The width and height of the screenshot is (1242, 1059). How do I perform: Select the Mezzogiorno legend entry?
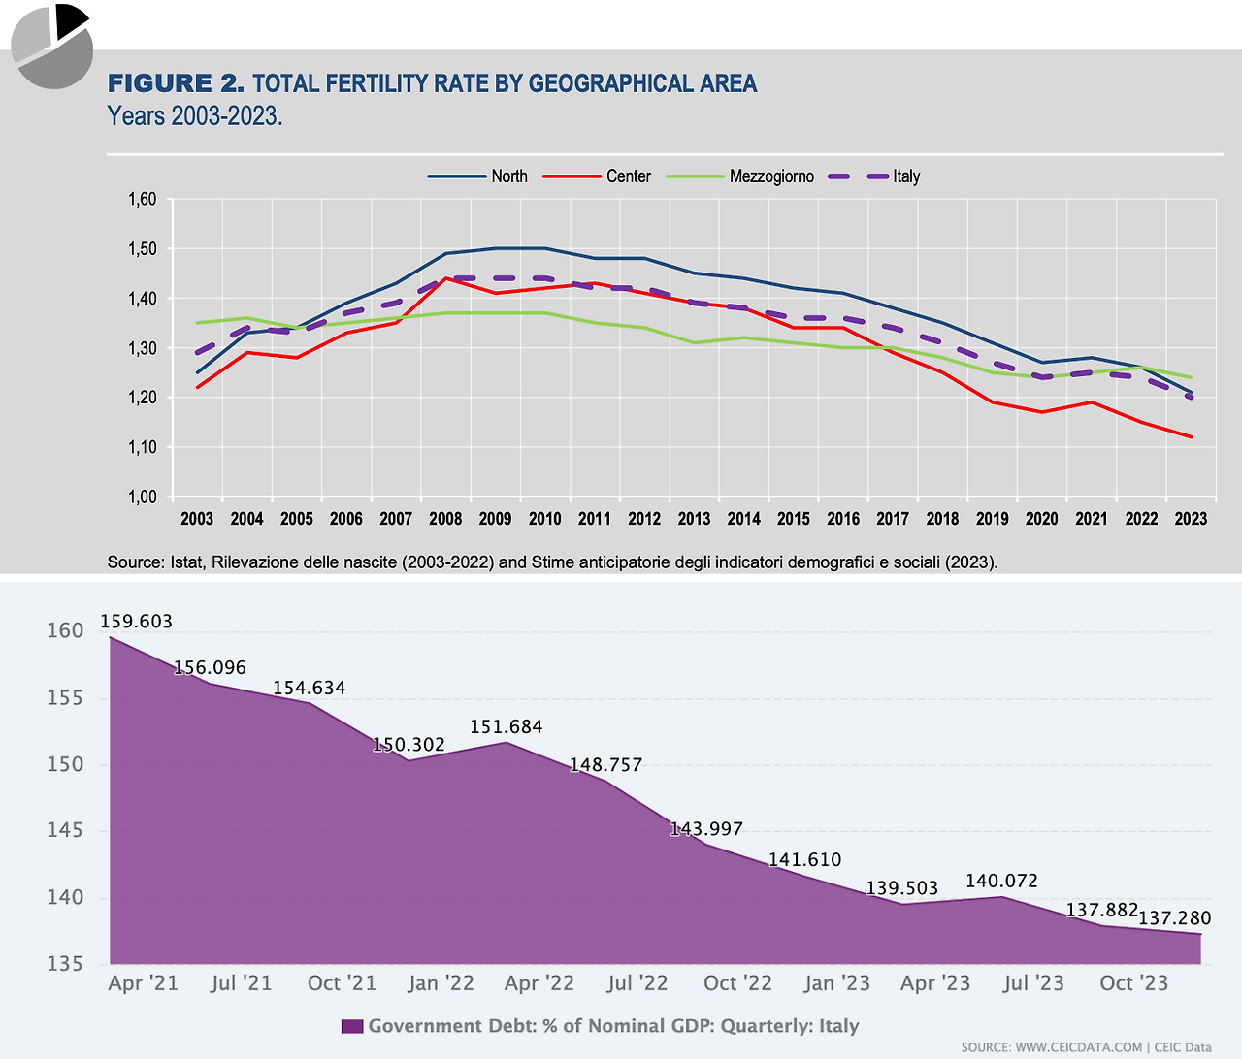coord(739,176)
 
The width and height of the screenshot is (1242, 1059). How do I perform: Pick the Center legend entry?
coord(597,176)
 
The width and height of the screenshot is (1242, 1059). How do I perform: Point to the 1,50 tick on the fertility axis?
coord(142,249)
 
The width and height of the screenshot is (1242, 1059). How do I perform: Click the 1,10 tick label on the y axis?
coord(142,447)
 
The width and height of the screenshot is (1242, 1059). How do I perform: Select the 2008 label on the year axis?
coord(445,519)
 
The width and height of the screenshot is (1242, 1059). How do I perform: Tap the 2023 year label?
coord(1191,519)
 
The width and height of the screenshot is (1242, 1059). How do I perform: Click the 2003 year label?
coord(197,519)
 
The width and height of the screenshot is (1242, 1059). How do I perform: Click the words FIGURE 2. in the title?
coord(176,84)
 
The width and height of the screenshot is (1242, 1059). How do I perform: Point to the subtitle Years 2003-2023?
coord(195,116)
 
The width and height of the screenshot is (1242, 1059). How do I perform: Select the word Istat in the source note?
coord(183,562)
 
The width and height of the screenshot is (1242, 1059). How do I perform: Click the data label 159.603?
coord(136,622)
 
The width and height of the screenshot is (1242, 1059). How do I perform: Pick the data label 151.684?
coord(507,727)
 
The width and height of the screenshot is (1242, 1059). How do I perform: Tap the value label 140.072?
coord(1001,882)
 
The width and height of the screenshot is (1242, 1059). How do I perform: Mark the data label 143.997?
coord(706,829)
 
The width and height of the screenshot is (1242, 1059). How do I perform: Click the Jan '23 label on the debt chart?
coord(837,983)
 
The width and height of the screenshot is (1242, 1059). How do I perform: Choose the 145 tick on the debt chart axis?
coord(66,831)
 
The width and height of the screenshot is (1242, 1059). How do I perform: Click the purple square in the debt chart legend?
coord(352,1026)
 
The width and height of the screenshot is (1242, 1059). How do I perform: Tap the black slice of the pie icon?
coord(70,19)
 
